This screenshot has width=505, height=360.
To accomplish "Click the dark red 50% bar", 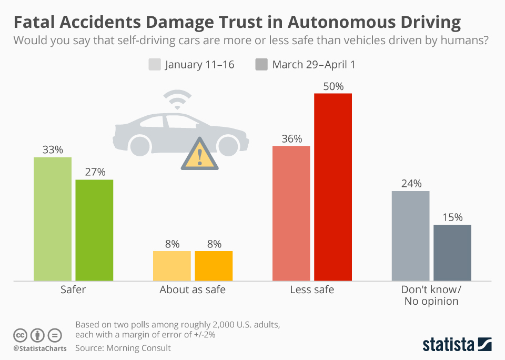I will [x=333, y=187].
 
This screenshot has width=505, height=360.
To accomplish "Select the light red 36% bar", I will [x=291, y=213].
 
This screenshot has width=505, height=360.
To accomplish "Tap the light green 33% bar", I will [x=53, y=219].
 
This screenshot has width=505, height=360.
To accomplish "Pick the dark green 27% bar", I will [x=94, y=230].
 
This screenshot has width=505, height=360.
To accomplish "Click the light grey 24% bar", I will [x=411, y=236].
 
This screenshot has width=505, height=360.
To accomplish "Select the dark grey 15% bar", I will [x=452, y=253].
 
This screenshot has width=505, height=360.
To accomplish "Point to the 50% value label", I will [x=333, y=86].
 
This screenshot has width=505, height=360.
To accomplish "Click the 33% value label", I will [x=53, y=150].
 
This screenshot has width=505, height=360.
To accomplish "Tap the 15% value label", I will [x=452, y=217].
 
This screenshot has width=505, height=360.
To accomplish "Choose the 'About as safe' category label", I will [x=193, y=289].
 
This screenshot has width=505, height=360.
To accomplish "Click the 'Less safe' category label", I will [x=312, y=289].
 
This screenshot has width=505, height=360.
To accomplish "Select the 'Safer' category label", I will [x=73, y=289].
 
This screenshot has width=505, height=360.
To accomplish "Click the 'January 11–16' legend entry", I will [x=192, y=65].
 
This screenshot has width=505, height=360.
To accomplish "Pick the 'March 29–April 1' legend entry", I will [x=307, y=65].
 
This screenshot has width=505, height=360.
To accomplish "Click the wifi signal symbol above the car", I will [x=177, y=99].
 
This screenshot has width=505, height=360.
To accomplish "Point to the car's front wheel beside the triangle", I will [x=229, y=145].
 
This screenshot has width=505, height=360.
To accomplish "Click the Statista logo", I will [x=457, y=345].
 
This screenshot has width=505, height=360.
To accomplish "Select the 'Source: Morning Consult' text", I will [x=123, y=348].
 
